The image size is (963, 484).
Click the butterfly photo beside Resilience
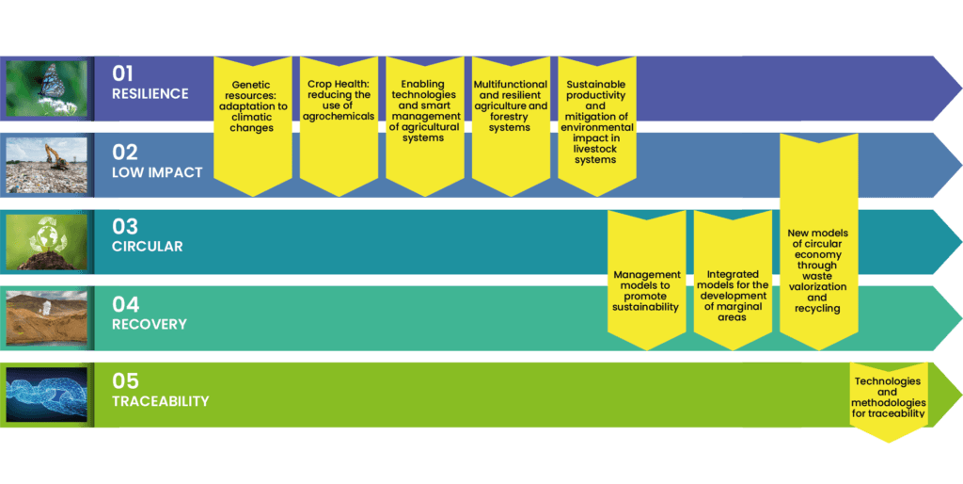pos(47,88)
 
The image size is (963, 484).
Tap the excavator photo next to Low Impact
pos(47,165)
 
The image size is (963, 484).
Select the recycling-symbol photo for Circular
pos(47,241)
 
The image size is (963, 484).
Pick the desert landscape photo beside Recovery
pos(47,318)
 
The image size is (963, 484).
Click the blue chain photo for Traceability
pos(47,395)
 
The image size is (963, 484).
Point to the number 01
pos(124,73)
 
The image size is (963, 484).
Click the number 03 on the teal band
pos(125,227)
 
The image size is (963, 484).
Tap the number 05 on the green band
pos(125,380)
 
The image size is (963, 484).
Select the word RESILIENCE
pos(150,94)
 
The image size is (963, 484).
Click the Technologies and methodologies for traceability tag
pos(888,399)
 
